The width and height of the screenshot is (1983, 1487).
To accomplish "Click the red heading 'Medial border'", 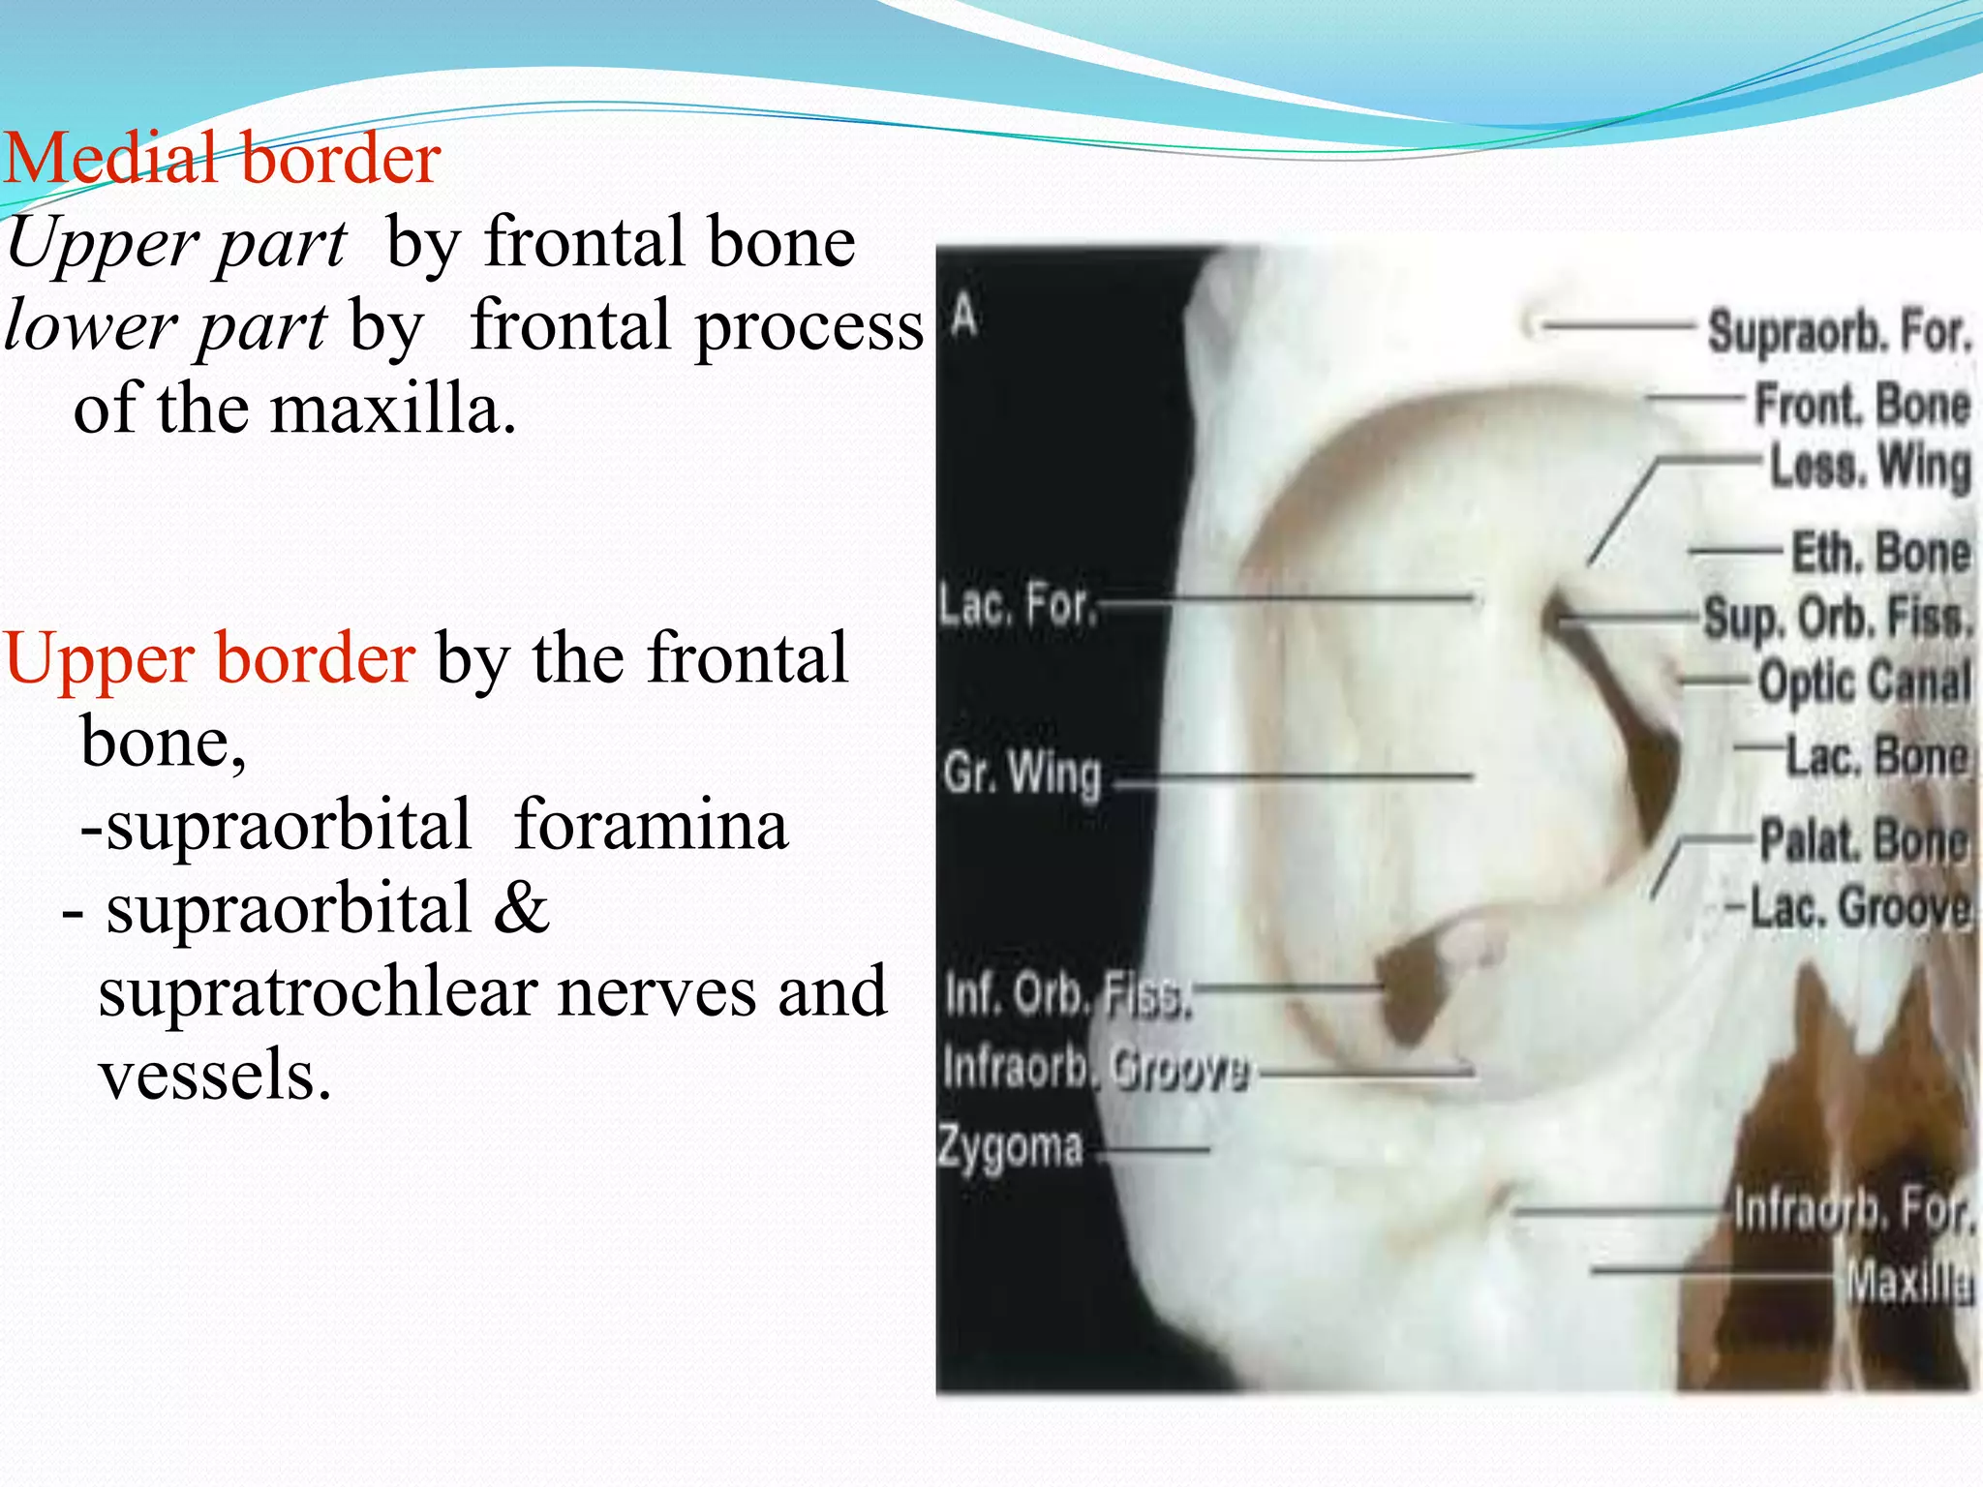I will pyautogui.click(x=223, y=159).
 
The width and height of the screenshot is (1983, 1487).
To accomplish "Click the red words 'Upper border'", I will pyautogui.click(x=209, y=659).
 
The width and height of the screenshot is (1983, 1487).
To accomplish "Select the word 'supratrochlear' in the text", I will pyautogui.click(x=320, y=993).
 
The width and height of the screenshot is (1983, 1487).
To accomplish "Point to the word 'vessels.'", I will pyautogui.click(x=215, y=1076).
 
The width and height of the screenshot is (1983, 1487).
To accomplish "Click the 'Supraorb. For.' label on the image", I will pyautogui.click(x=1839, y=331).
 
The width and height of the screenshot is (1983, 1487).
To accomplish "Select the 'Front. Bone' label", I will pyautogui.click(x=1862, y=405).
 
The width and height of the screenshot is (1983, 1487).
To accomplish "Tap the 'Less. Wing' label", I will pyautogui.click(x=1870, y=467).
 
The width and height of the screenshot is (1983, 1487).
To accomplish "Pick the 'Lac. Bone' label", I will pyautogui.click(x=1876, y=756).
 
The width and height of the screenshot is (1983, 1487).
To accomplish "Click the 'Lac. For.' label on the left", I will pyautogui.click(x=1017, y=606).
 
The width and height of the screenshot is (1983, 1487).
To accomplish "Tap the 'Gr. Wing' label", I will pyautogui.click(x=1022, y=774).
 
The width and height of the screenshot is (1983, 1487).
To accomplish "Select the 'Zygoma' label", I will pyautogui.click(x=1009, y=1148).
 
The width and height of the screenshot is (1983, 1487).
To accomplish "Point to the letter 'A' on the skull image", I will pyautogui.click(x=963, y=315).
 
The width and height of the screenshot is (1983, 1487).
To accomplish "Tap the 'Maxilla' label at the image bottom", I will pyautogui.click(x=1908, y=1283).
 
